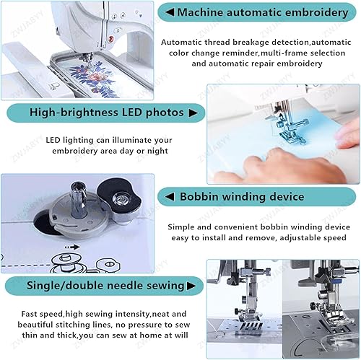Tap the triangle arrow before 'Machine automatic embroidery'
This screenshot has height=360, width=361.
[170, 12]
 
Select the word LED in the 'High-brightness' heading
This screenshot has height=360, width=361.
[131, 113]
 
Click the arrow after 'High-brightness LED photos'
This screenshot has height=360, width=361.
[193, 113]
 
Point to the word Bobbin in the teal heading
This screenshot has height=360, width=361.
[199, 196]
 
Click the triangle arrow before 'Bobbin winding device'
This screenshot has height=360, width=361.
[170, 196]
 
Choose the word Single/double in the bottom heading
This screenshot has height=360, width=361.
[65, 286]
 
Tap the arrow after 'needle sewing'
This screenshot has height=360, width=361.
[191, 286]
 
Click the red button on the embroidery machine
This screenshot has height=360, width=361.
[111, 39]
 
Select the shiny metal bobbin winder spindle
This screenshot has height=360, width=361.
[79, 199]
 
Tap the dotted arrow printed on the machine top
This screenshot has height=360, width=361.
[72, 247]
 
